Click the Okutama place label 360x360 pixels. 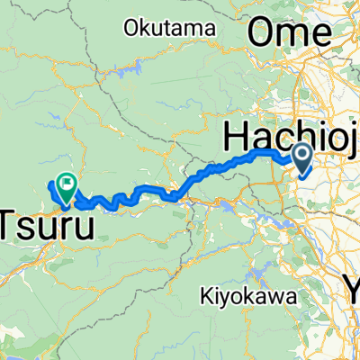[x=171, y=28]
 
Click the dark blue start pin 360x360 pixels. [x=301, y=160]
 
